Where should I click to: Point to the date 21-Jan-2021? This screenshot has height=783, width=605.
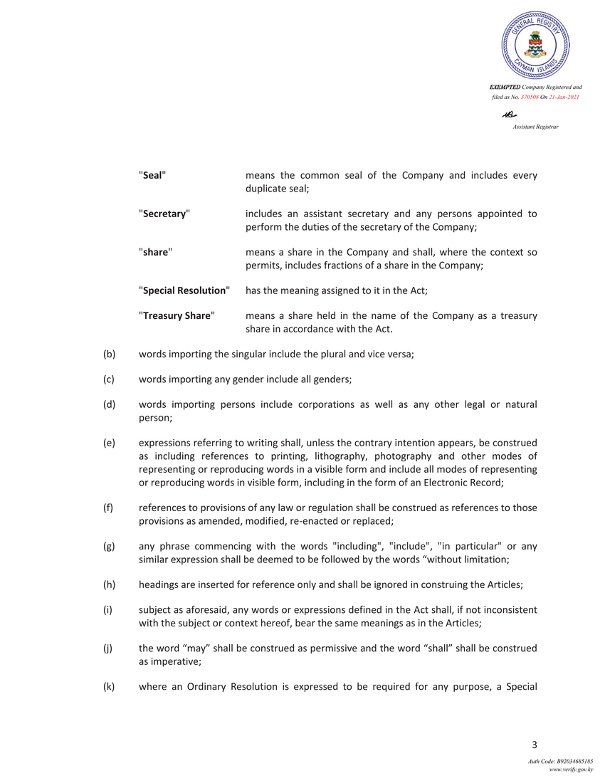(x=564, y=96)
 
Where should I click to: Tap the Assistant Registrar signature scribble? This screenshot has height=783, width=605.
(x=509, y=115)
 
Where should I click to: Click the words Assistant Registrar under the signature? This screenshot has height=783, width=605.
(x=535, y=127)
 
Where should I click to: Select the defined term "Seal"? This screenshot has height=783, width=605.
(x=153, y=175)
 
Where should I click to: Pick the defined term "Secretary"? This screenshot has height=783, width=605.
(x=164, y=214)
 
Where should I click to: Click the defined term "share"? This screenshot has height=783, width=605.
(x=154, y=252)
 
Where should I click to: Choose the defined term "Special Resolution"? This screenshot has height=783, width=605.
(x=184, y=290)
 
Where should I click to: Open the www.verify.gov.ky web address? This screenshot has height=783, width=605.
(x=571, y=769)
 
